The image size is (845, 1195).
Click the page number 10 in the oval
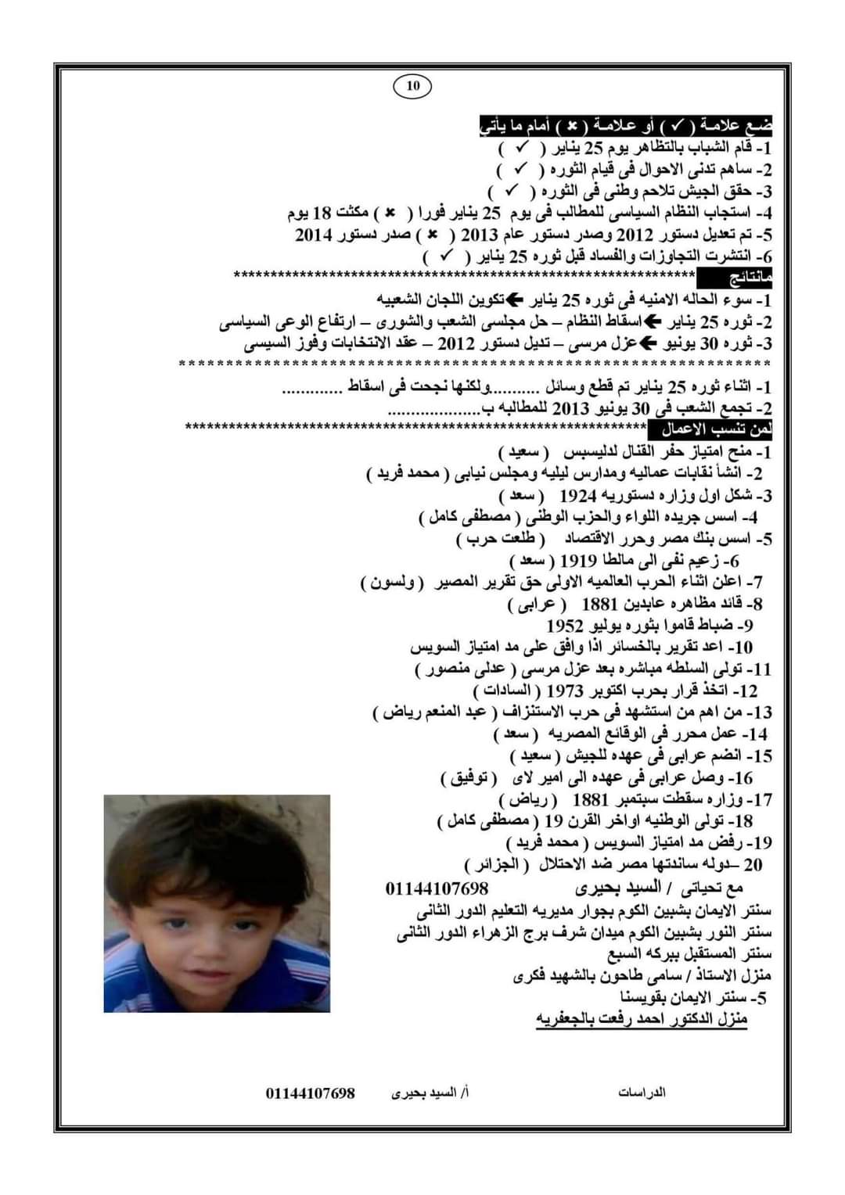pyautogui.click(x=413, y=85)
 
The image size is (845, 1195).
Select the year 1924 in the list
pyautogui.click(x=578, y=496)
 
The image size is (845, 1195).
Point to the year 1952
pyautogui.click(x=565, y=626)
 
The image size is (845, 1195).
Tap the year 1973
pyautogui.click(x=565, y=691)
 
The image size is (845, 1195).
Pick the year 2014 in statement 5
pyautogui.click(x=314, y=235)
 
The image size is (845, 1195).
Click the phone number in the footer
pyautogui.click(x=310, y=1093)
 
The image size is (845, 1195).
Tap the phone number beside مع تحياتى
pyautogui.click(x=437, y=889)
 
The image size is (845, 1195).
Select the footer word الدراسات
pyautogui.click(x=642, y=1093)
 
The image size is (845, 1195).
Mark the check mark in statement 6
pyautogui.click(x=448, y=256)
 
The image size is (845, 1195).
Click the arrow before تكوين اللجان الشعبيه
pyautogui.click(x=516, y=300)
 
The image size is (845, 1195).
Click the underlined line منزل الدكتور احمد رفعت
pyautogui.click(x=642, y=1019)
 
